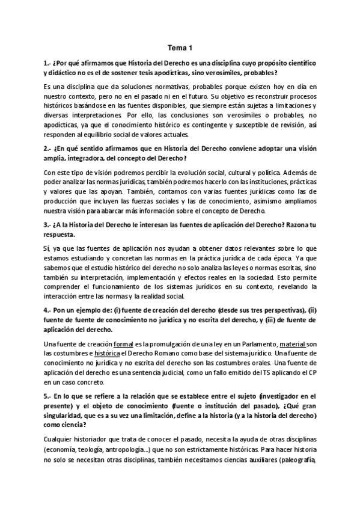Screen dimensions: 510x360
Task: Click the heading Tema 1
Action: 180,49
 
